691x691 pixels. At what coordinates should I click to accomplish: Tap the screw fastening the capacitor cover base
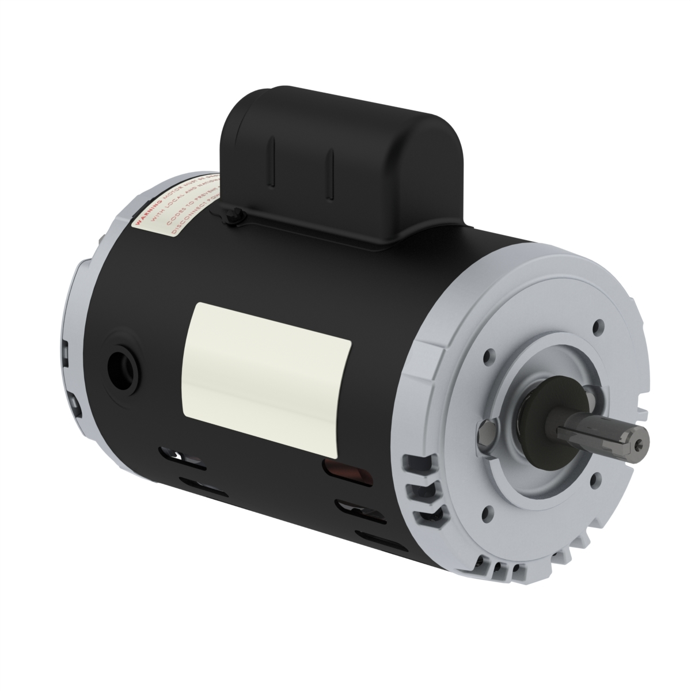pos(229,217)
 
